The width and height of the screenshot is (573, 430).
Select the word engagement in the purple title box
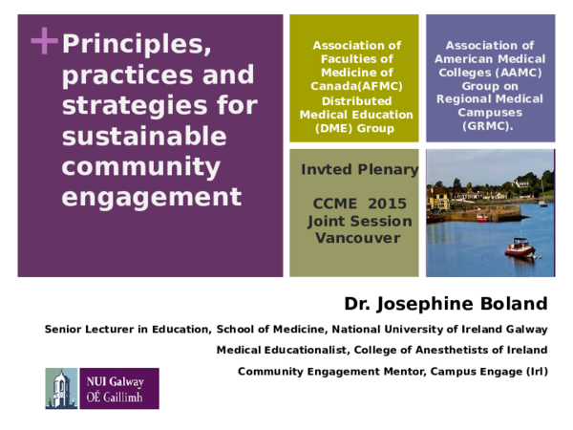click(x=151, y=197)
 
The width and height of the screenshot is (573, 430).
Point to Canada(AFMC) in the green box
click(x=356, y=85)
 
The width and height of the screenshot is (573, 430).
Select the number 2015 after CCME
click(x=388, y=204)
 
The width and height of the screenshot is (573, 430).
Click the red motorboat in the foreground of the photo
click(x=519, y=247)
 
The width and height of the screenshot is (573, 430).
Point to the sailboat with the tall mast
click(x=543, y=196)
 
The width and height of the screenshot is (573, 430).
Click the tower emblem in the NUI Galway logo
click(x=61, y=388)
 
